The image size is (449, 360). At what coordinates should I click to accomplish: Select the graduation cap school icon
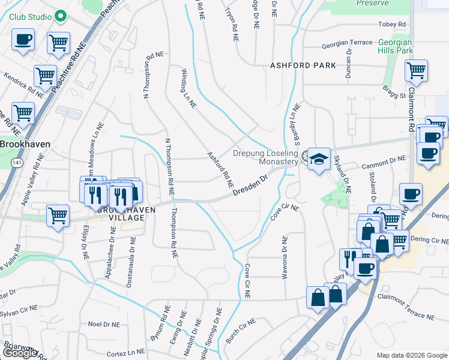(319, 159)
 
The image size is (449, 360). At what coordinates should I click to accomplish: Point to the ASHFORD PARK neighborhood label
(303, 65)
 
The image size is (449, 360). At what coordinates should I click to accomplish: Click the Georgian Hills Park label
(396, 47)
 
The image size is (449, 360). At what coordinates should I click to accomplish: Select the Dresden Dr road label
(250, 183)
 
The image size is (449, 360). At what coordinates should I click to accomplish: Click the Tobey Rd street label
(392, 25)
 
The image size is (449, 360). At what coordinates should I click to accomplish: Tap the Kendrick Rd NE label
(23, 86)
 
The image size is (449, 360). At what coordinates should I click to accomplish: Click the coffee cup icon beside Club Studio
(23, 41)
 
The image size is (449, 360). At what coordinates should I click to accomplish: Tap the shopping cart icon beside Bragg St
(415, 71)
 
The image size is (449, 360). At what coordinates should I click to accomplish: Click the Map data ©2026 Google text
(412, 355)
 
